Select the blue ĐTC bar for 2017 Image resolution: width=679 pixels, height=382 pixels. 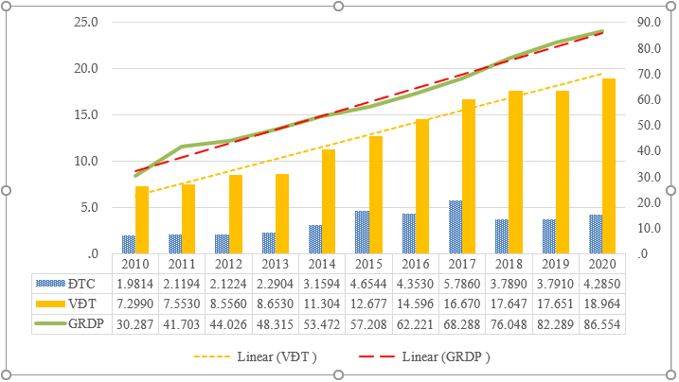(x=456, y=227)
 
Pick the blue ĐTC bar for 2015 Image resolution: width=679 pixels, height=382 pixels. (x=362, y=232)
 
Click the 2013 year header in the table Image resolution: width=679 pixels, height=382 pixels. (x=275, y=264)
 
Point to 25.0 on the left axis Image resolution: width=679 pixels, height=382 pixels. (x=84, y=22)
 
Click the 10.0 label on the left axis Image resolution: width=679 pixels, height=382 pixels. (x=84, y=161)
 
